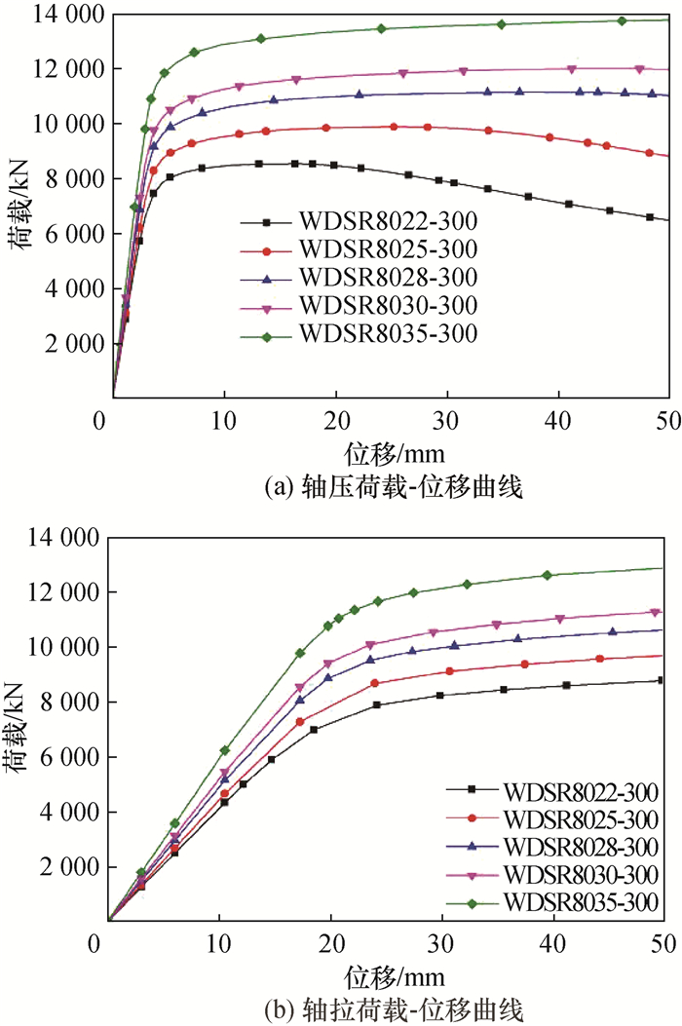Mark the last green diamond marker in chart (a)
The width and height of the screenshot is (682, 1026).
click(622, 20)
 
